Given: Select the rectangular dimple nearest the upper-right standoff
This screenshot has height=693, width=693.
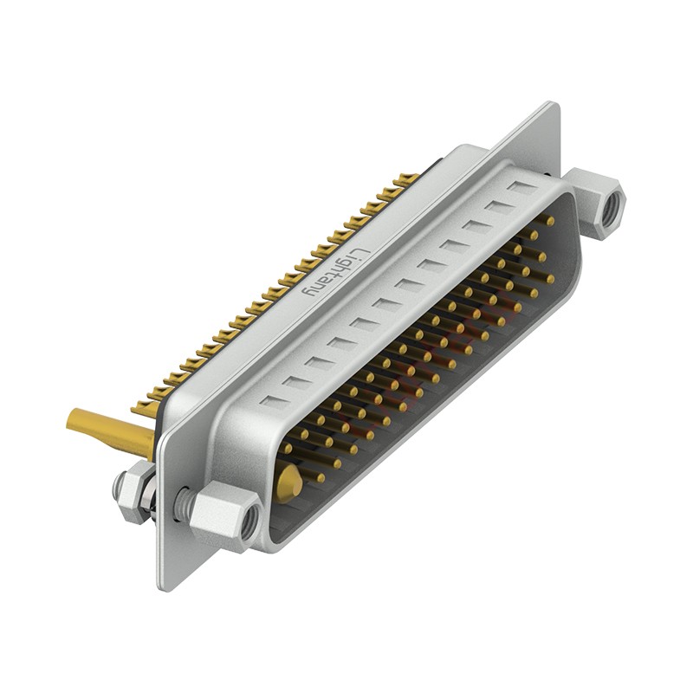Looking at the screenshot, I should [x=521, y=188].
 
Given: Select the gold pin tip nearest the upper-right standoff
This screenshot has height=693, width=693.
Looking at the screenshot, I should [x=548, y=222].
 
